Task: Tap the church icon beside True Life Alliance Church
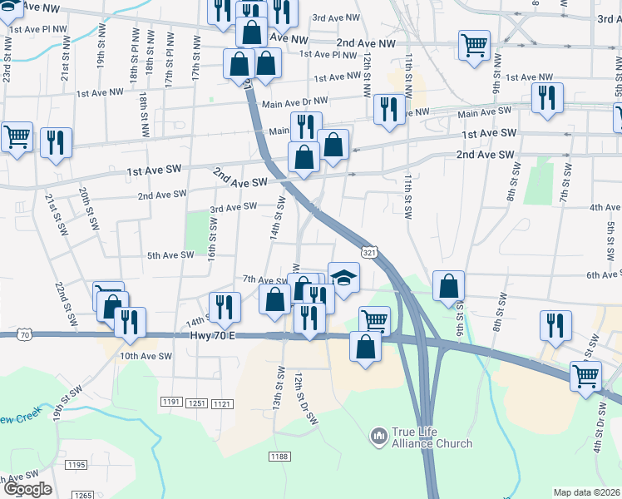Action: pyautogui.click(x=379, y=435)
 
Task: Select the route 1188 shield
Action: pyautogui.click(x=279, y=456)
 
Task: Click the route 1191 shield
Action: pyautogui.click(x=170, y=403)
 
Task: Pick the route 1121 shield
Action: pyautogui.click(x=222, y=403)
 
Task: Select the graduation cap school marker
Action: pyautogui.click(x=343, y=277)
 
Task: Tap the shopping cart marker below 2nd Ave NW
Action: pyautogui.click(x=474, y=45)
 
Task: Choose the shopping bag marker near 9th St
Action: pyautogui.click(x=448, y=286)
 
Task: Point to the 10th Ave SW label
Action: pyautogui.click(x=145, y=356)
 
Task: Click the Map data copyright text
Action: pyautogui.click(x=587, y=492)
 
